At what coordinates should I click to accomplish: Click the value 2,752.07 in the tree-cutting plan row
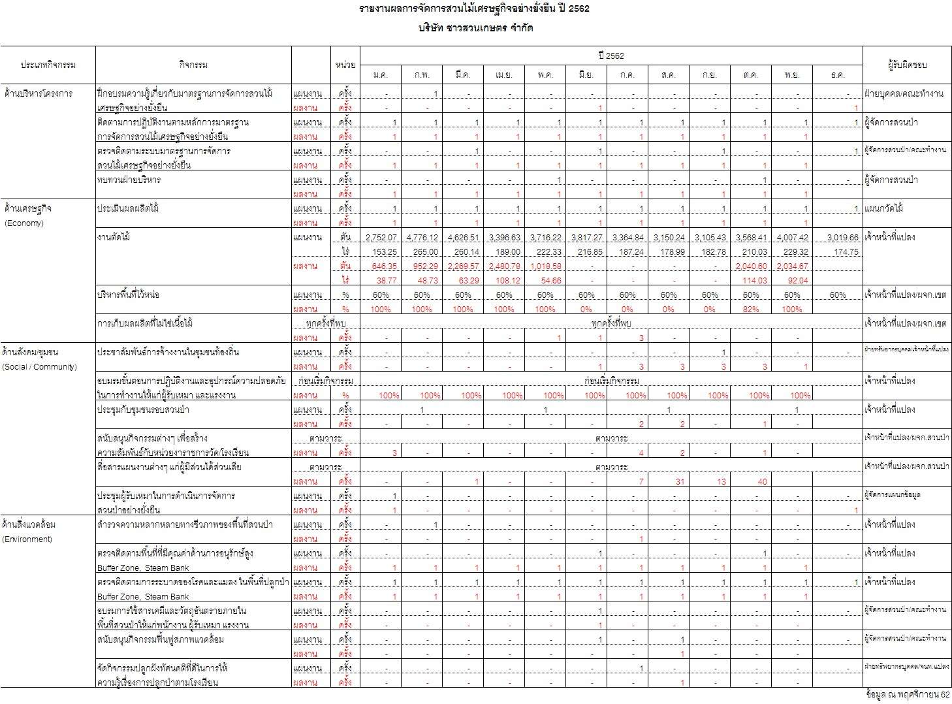pyautogui.click(x=381, y=238)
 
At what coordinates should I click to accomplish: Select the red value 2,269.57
pyautogui.click(x=463, y=266)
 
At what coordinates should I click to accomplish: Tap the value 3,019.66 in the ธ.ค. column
pyautogui.click(x=842, y=238)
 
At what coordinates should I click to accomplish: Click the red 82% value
pyautogui.click(x=750, y=310)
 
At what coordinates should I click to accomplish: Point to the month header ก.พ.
pyautogui.click(x=422, y=75)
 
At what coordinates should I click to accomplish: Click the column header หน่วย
pyautogui.click(x=345, y=65)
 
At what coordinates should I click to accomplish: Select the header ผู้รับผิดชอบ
pyautogui.click(x=907, y=65)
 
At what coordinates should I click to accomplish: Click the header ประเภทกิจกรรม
pyautogui.click(x=48, y=65)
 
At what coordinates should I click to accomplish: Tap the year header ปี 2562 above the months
pyautogui.click(x=611, y=56)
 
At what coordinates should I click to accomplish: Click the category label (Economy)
pyautogui.click(x=24, y=223)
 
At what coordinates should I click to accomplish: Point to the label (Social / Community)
pyautogui.click(x=40, y=367)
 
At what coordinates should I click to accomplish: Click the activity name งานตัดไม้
pyautogui.click(x=114, y=238)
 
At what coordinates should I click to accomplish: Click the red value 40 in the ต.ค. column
pyautogui.click(x=762, y=482)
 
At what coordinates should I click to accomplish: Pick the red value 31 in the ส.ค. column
pyautogui.click(x=680, y=482)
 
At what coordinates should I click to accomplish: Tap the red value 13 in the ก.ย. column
pyautogui.click(x=721, y=482)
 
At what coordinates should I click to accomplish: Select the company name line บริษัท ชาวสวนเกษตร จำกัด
pyautogui.click(x=476, y=29)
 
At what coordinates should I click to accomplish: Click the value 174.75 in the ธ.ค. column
pyautogui.click(x=846, y=252)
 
